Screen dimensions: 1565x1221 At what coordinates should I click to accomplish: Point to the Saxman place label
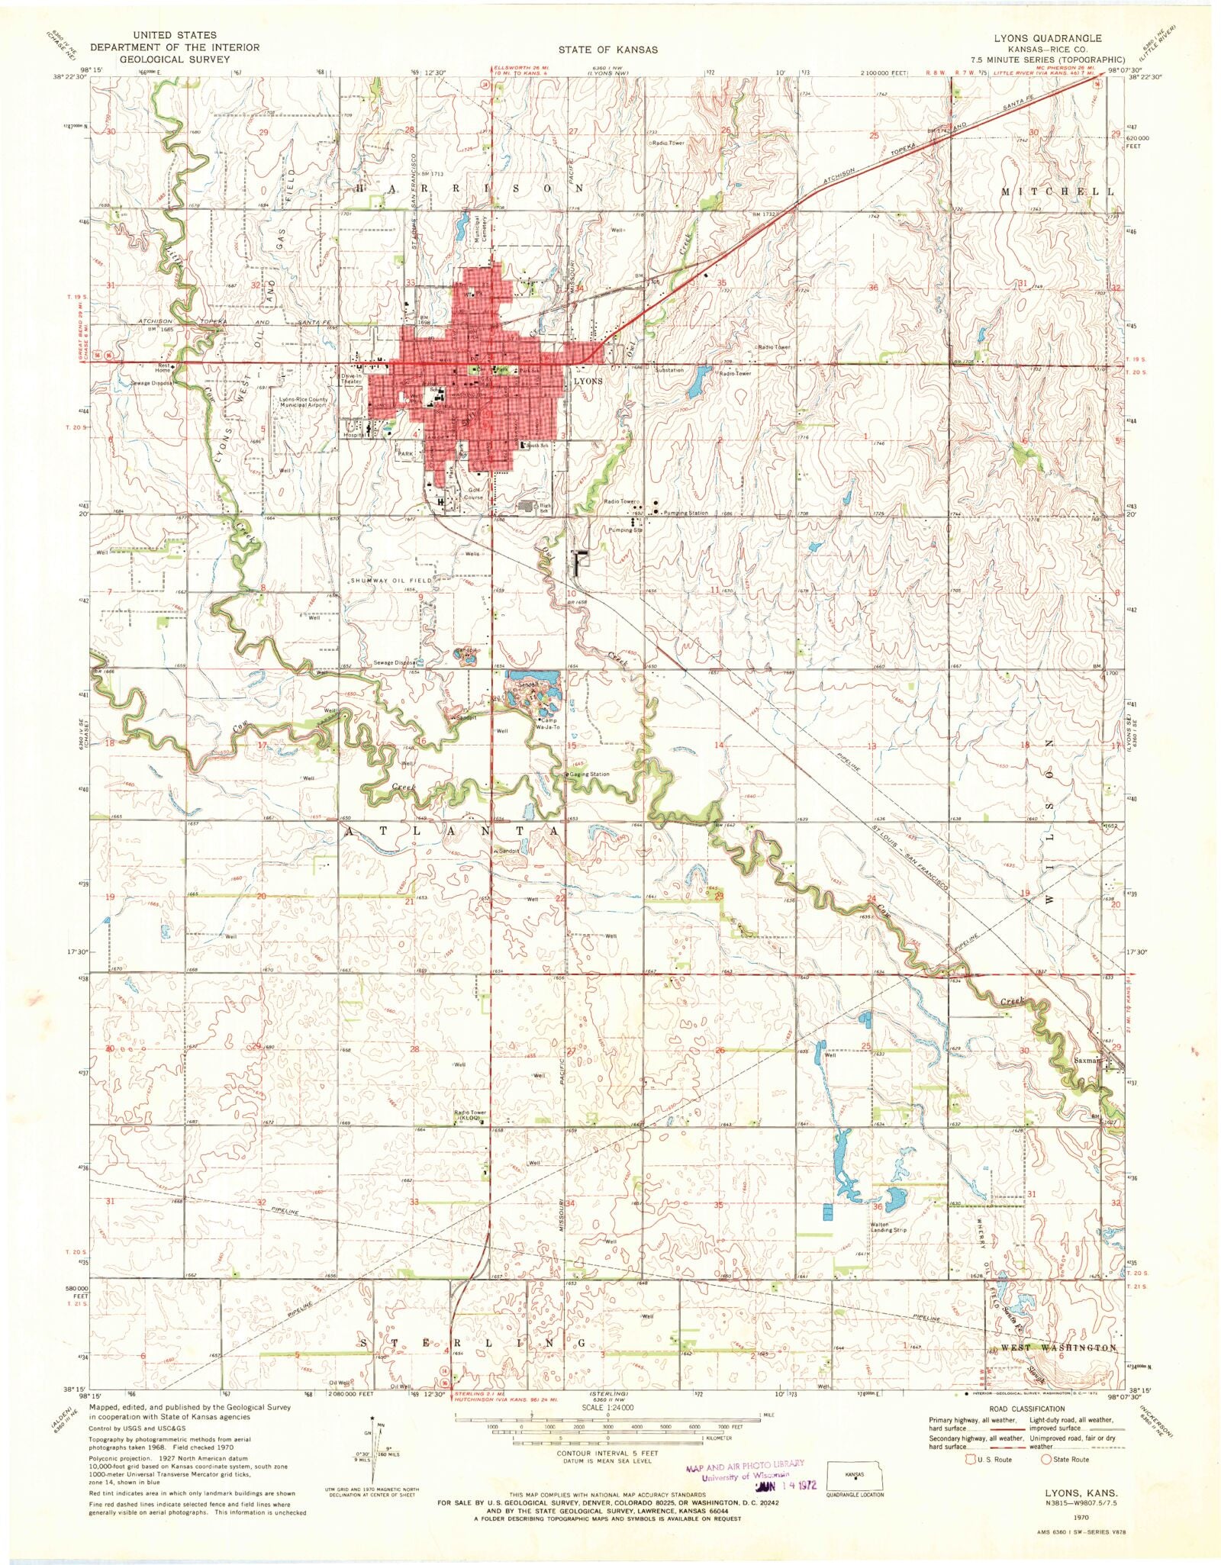tap(1084, 1060)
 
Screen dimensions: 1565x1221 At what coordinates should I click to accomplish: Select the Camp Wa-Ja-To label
tap(549, 723)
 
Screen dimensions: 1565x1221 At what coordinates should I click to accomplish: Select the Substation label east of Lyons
tap(669, 370)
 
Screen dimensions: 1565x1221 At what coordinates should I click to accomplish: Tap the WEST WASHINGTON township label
tap(1058, 1348)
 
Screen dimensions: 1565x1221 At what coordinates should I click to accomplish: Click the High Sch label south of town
tap(545, 507)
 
